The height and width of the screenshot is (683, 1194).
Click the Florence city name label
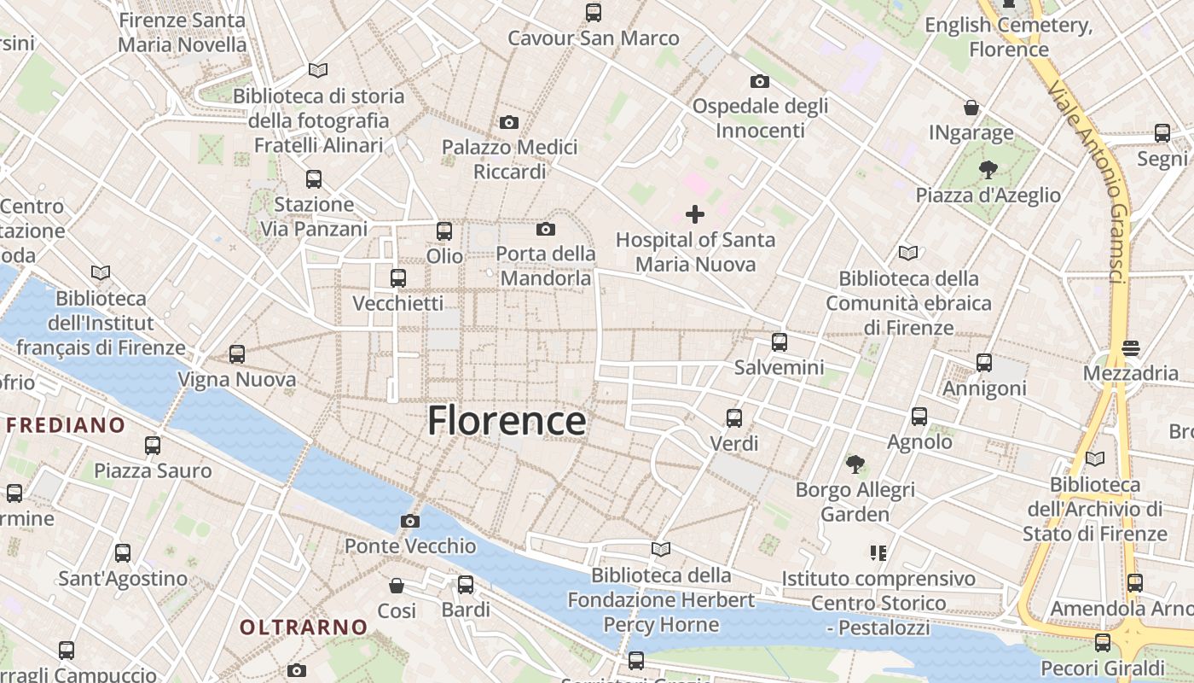(507, 421)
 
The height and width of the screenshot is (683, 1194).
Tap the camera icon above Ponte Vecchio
(410, 521)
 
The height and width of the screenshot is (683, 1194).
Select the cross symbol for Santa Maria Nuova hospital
(695, 213)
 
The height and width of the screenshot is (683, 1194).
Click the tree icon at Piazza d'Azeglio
(988, 169)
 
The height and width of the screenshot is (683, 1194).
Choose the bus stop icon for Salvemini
(780, 342)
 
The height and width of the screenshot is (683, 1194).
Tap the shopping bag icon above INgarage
(971, 108)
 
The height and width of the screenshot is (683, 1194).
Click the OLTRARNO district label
(304, 628)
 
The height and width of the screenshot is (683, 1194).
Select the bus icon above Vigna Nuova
(237, 354)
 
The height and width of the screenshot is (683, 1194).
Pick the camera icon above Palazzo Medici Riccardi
(509, 122)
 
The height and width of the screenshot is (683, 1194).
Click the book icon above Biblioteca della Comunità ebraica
(908, 253)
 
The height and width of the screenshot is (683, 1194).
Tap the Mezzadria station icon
(1131, 348)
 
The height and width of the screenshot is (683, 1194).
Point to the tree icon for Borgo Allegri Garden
(855, 464)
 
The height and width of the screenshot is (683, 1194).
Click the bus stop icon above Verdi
(734, 418)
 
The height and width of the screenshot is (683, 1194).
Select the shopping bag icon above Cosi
(397, 586)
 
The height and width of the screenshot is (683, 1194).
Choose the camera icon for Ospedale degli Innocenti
(760, 81)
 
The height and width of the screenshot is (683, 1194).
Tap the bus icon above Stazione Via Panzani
(314, 179)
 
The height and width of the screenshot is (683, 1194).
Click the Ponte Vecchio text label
(410, 546)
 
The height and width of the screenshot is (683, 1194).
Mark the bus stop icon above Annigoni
(984, 363)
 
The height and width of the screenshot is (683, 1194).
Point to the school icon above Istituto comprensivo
(878, 553)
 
